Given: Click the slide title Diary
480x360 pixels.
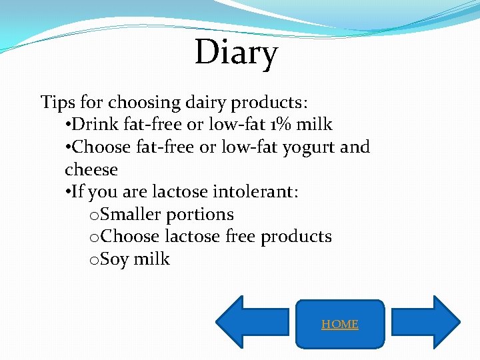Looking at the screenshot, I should pyautogui.click(x=236, y=53).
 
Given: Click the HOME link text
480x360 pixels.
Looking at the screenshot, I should pyautogui.click(x=340, y=324).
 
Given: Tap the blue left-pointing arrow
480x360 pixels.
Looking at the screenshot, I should pyautogui.click(x=257, y=322).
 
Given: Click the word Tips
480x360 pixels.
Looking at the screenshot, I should pyautogui.click(x=57, y=103).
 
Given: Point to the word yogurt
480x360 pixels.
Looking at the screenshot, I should pyautogui.click(x=309, y=147).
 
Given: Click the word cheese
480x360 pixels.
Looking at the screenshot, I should pyautogui.click(x=91, y=170).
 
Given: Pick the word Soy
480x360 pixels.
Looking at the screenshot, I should pyautogui.click(x=115, y=259).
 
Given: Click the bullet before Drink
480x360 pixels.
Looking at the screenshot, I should pyautogui.click(x=68, y=125).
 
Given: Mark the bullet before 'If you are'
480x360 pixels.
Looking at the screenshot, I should pyautogui.click(x=68, y=193).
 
